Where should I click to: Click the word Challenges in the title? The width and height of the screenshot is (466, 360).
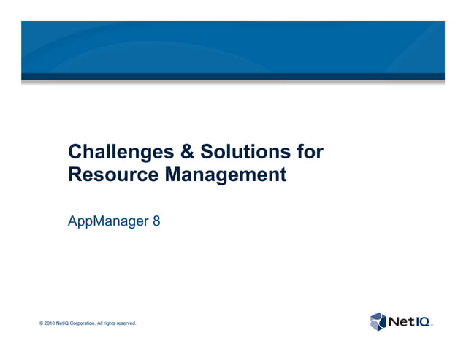pos(118,153)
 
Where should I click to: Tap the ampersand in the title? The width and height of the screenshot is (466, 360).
pos(184,153)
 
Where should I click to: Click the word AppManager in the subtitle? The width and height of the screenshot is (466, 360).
pos(105,220)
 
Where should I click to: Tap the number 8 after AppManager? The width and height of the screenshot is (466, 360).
pos(156,220)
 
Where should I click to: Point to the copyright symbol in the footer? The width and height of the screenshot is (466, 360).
pos(41,323)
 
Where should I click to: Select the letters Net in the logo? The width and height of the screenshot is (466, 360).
pos(400,321)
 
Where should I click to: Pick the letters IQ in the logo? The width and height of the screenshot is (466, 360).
pos(422,321)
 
